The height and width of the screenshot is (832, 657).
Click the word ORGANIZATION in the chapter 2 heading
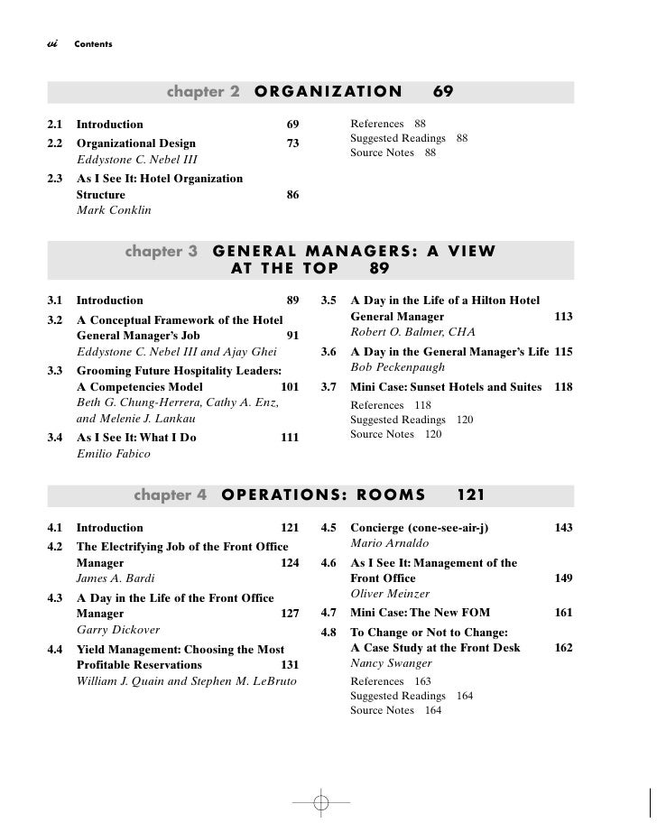[328, 92]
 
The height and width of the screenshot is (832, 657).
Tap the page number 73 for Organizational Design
[292, 143]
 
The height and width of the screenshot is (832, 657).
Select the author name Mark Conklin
[114, 211]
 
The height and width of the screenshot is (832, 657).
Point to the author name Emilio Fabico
[114, 455]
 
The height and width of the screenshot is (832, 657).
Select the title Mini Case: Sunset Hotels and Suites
[446, 387]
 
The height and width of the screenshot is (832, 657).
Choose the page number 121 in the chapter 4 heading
[471, 495]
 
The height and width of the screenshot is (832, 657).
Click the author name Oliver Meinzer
[390, 595]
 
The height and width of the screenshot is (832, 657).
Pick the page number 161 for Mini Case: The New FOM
[563, 613]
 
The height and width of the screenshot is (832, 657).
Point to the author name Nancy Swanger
[390, 663]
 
